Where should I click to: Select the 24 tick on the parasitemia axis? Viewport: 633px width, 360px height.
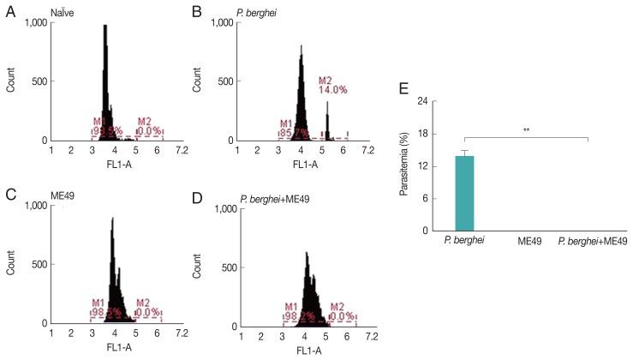coord(422,100)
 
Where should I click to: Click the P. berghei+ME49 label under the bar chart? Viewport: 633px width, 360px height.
coord(592,243)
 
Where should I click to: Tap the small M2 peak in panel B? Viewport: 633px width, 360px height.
coord(326,120)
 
